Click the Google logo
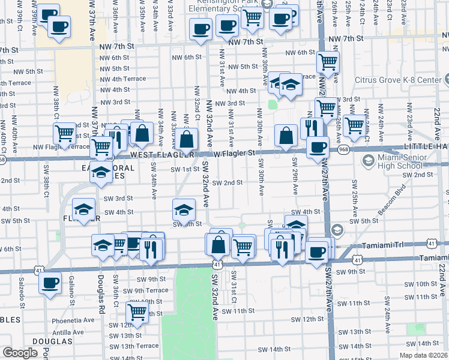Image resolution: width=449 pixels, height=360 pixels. point(20,353)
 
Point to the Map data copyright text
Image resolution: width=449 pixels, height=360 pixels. point(423,355)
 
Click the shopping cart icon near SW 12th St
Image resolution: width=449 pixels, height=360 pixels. point(137,312)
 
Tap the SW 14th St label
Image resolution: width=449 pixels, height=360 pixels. point(274,349)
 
